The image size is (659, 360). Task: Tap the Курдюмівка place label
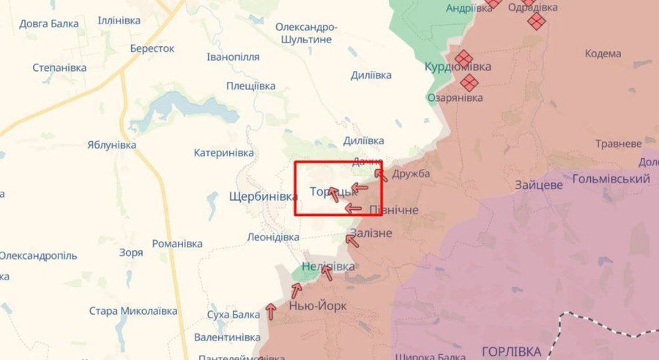pos(458,67)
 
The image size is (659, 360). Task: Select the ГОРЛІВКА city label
pos(512,350)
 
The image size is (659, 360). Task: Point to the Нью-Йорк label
pos(318,306)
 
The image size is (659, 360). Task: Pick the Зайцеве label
pos(538,185)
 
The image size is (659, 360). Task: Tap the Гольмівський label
pos(611,179)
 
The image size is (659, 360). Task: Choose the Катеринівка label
pos(223,153)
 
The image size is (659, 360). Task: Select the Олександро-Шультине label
pos(306,34)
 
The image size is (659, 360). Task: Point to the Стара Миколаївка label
pos(133,311)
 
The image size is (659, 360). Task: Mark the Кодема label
pos(603,53)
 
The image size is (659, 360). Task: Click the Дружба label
pos(411,174)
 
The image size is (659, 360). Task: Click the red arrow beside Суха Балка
pos(271,312)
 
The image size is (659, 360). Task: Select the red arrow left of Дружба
pos(380,174)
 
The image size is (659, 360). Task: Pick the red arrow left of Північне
pos(354,209)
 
